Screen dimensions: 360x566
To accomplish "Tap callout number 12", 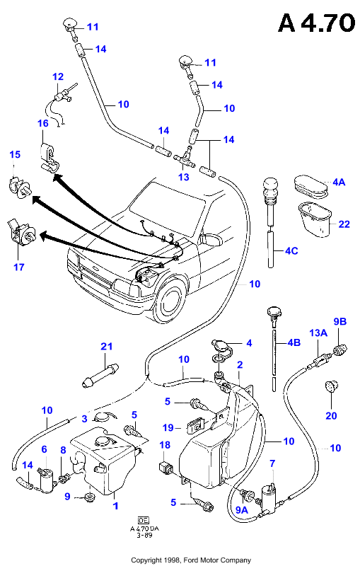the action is pos(58,76).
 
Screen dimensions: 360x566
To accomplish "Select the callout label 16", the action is pos(43,123).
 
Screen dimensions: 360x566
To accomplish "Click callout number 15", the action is pos(15,154).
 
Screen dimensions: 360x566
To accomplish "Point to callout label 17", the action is pos(19,267).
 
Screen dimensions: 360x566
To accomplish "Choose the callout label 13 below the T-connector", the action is pos(184,177).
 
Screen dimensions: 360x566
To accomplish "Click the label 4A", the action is pos(339,183).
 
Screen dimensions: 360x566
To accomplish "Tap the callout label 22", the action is pos(344,224).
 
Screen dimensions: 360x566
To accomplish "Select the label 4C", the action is pos(291,250).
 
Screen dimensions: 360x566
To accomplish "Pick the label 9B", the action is pos(339,321).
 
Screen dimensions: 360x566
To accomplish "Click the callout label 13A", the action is pos(318,333).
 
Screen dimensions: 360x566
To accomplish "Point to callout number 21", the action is pos(106,347).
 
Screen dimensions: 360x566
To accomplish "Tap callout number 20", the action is pos(331,416).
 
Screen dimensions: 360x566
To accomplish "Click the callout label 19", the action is pos(168,428).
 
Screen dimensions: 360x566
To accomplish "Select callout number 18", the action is pos(165,445).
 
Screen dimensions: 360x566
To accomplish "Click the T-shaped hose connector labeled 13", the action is pos(185,158).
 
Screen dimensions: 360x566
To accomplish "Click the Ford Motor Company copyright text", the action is pos(191,560).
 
